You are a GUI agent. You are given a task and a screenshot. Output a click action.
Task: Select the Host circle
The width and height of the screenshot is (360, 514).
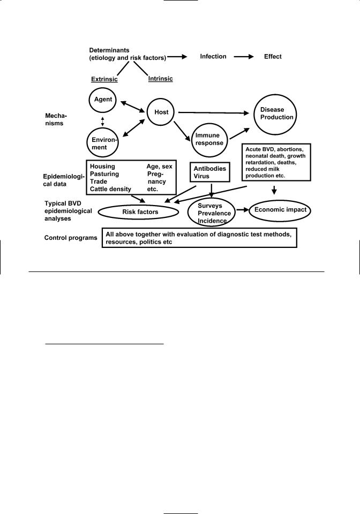click(161, 112)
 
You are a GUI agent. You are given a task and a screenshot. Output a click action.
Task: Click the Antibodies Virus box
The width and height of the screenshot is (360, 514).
click(211, 172)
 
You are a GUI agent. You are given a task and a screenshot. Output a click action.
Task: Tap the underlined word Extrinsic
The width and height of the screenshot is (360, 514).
click(104, 79)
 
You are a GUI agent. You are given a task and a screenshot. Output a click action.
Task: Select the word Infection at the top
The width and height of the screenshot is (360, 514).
click(213, 56)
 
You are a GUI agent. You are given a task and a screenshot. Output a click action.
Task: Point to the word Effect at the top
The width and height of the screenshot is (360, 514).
click(272, 56)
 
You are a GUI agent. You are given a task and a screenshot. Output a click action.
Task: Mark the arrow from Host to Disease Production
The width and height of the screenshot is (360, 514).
click(214, 112)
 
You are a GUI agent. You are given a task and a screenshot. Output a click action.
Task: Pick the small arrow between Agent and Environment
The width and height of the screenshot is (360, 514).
click(102, 121)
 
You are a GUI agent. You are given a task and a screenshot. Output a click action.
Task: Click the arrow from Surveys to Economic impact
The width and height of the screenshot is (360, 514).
click(241, 210)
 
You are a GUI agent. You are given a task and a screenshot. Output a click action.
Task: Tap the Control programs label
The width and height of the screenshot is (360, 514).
click(71, 237)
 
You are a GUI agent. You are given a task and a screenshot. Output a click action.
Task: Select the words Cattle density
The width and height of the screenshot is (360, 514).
click(111, 189)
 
